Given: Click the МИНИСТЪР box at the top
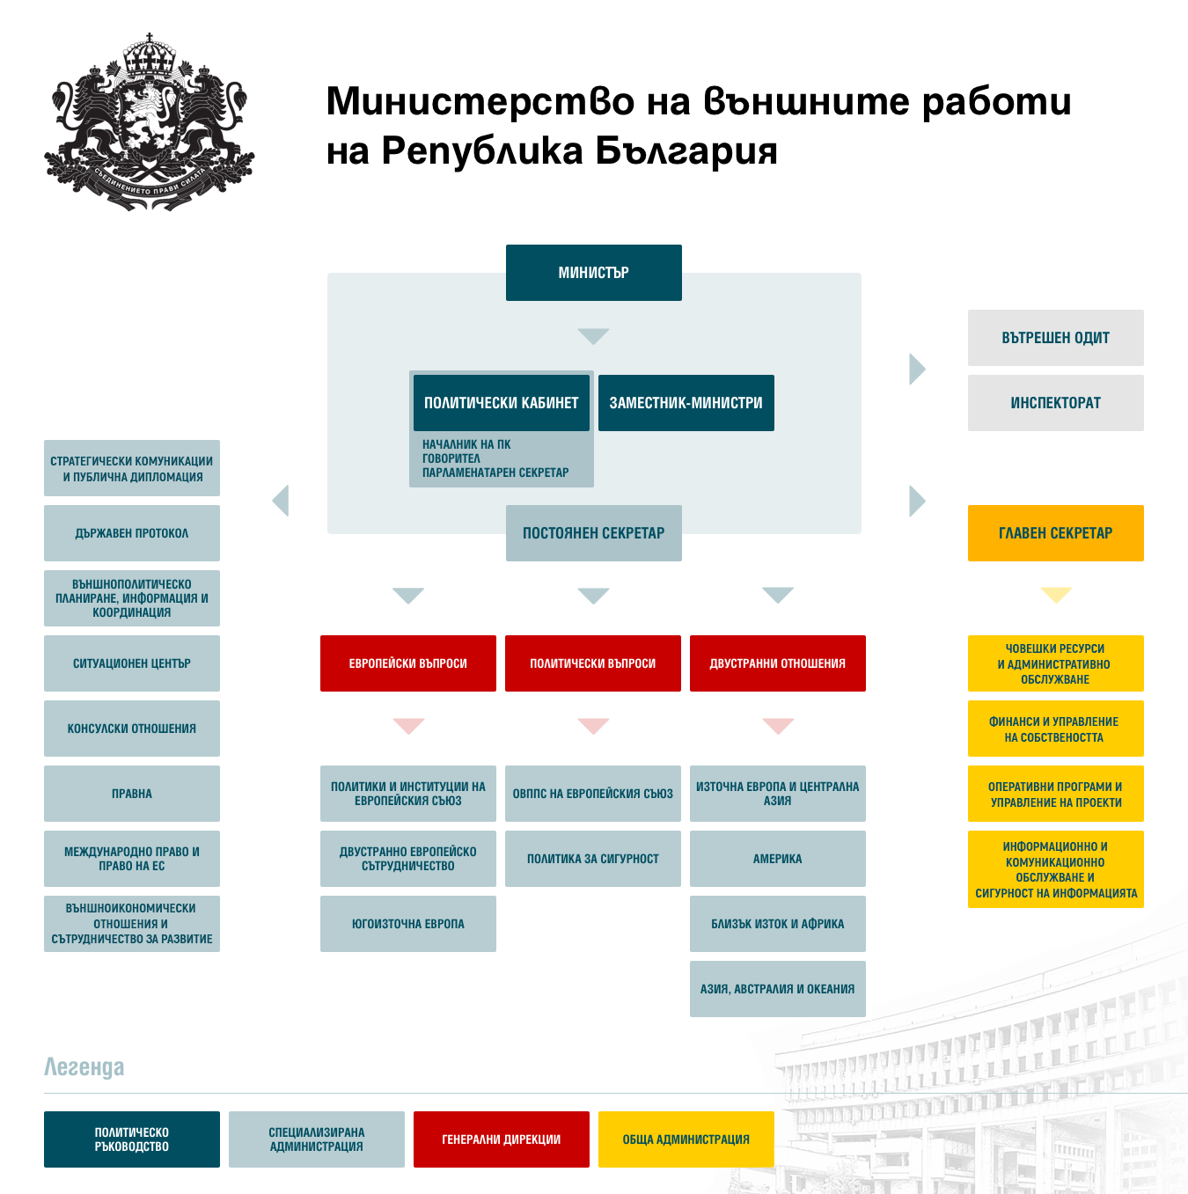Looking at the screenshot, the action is point(593,273).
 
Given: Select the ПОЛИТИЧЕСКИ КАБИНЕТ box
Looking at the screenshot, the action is point(501,403).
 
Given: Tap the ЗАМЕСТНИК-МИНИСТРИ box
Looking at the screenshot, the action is point(686,403).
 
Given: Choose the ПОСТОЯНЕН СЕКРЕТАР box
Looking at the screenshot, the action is point(593,533).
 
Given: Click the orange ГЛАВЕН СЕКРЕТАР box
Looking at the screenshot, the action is point(1055,533).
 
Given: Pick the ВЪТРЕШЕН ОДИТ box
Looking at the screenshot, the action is point(1055,338).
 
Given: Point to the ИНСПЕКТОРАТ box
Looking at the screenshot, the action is point(1055,403).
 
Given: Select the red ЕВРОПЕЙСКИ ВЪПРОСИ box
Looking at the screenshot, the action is point(407,663).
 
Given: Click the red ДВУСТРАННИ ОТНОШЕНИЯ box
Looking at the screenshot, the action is point(777,663).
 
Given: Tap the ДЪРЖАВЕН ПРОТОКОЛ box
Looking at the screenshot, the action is point(131,533).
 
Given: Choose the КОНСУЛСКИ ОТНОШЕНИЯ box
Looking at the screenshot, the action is point(131,728).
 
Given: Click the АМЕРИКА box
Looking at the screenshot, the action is point(777,858).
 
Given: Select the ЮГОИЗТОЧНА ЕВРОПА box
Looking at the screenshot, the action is point(407,923).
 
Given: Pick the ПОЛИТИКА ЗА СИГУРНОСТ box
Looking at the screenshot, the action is point(592,858).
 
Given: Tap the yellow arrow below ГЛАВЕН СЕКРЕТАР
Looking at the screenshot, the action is point(1056,595).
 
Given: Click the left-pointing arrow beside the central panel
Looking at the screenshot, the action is point(281,500).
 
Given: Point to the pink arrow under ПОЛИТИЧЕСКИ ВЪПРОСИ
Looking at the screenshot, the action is point(593,726).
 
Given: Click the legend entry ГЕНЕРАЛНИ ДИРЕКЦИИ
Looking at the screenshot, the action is point(501,1139).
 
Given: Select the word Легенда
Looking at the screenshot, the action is point(84,1067).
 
